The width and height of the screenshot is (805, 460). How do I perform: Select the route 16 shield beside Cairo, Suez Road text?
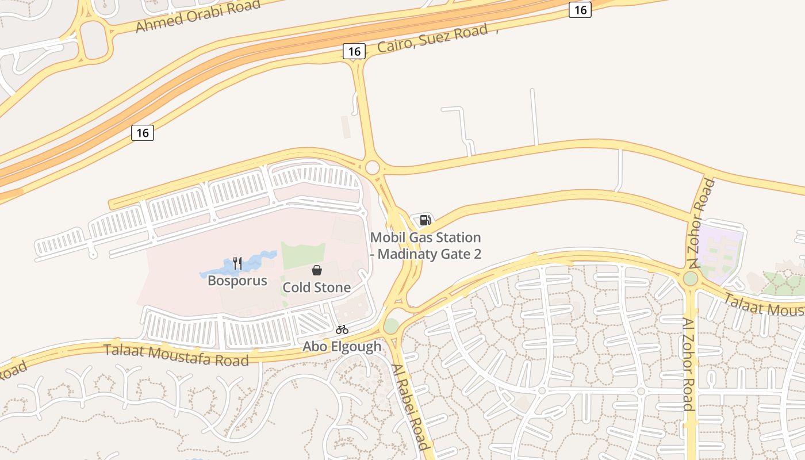(x=354, y=51)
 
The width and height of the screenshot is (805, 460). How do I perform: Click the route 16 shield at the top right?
(x=580, y=9)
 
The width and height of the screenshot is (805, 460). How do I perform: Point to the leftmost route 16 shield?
(x=143, y=133)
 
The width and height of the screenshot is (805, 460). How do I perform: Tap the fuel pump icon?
(x=425, y=220)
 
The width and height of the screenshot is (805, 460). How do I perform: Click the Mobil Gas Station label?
(x=425, y=246)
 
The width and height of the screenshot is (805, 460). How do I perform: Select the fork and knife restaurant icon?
(x=237, y=263)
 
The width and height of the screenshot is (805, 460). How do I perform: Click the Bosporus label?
(x=237, y=281)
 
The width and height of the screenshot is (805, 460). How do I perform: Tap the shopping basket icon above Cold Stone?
(x=317, y=270)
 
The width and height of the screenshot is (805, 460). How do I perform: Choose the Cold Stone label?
(x=317, y=287)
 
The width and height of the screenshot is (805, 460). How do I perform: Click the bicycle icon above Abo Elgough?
(x=342, y=330)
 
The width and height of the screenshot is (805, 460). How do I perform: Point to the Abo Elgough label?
(x=342, y=347)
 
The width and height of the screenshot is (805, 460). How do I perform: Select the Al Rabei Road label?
(x=411, y=407)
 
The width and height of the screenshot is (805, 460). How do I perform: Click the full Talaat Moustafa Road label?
(x=176, y=354)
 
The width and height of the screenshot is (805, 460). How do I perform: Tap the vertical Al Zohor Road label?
(x=688, y=364)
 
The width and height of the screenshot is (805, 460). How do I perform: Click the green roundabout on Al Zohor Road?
(x=691, y=279)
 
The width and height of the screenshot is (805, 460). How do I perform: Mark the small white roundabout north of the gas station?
(x=373, y=167)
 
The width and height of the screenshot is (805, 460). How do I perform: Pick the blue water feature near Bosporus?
(x=253, y=263)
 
